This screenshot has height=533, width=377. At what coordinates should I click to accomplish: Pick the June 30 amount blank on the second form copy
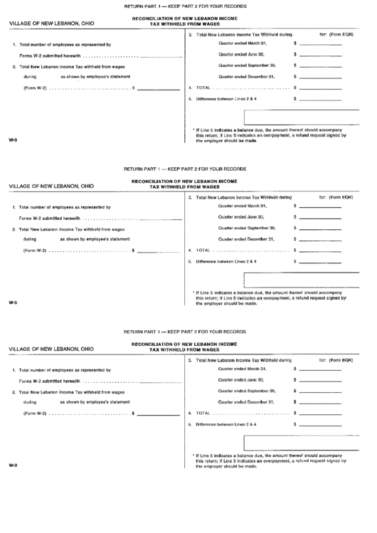[320, 218]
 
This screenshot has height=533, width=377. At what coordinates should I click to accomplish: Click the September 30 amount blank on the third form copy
[320, 392]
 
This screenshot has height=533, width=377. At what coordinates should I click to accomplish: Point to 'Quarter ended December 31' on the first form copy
[246, 75]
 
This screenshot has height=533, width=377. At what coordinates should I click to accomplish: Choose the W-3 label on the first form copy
[13, 139]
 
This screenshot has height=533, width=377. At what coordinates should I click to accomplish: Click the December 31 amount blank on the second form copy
[320, 239]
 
